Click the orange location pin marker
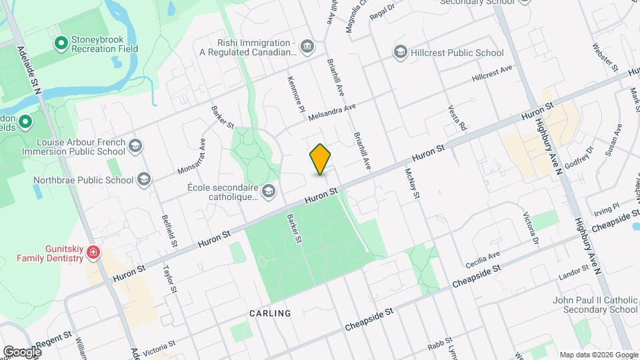click(x=321, y=159)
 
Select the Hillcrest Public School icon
click(x=400, y=53)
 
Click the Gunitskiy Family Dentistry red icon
click(x=93, y=253)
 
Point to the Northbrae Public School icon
click(x=144, y=179)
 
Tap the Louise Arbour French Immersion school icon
click(x=135, y=147)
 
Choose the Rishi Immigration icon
click(x=307, y=46)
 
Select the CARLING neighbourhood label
click(x=270, y=313)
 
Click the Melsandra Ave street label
click(x=333, y=112)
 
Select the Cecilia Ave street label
click(x=483, y=259)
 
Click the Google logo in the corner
click(x=21, y=351)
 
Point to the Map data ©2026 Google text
click(x=598, y=355)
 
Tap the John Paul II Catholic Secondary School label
click(x=595, y=305)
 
